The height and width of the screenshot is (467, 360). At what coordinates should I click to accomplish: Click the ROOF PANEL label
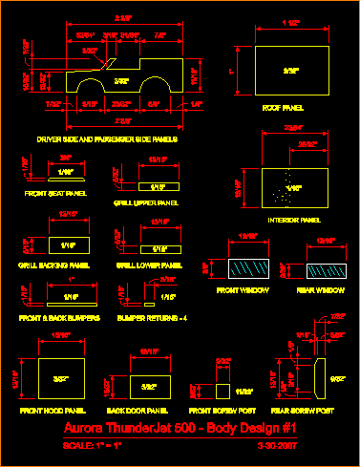(284, 109)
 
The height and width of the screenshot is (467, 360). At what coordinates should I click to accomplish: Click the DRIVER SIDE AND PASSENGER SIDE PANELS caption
(100, 139)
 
